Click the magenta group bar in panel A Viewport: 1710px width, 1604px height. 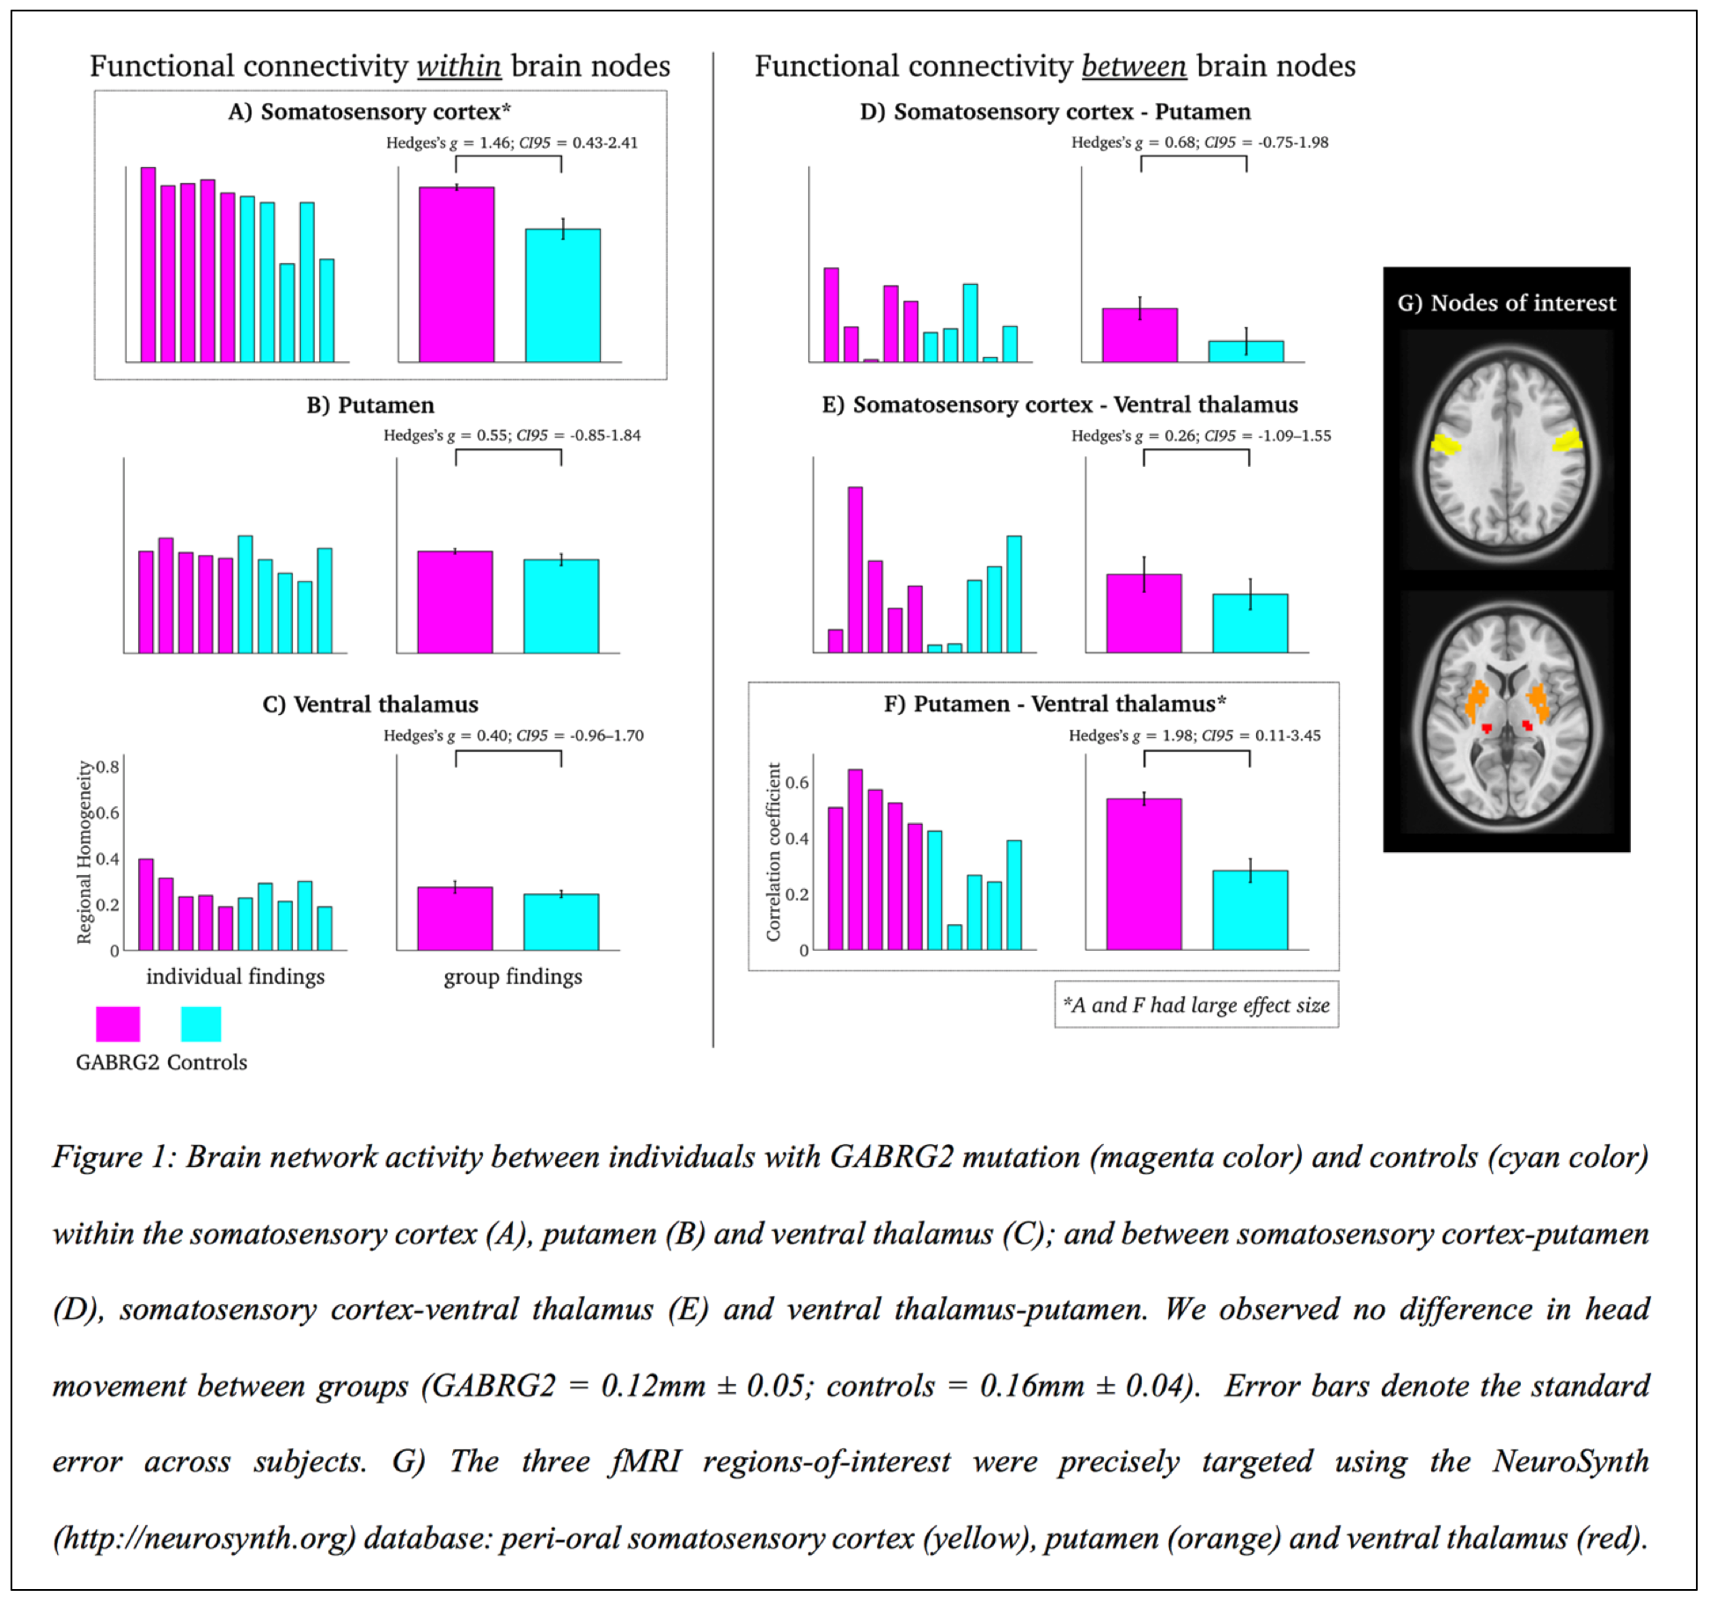click(x=456, y=274)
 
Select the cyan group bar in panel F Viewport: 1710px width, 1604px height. click(x=1249, y=910)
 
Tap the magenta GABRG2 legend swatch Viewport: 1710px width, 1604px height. click(x=117, y=1024)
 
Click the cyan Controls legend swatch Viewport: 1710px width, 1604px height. click(x=201, y=1024)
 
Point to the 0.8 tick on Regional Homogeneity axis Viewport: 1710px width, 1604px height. click(x=108, y=767)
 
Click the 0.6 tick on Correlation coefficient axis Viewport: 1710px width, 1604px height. click(x=797, y=783)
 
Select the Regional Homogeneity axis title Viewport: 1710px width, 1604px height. click(x=84, y=852)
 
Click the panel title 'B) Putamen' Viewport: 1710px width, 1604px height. click(x=370, y=405)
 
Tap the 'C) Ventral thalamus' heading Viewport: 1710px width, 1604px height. click(x=370, y=704)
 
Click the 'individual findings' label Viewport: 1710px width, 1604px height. click(x=235, y=976)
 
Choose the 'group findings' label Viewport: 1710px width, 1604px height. click(x=513, y=976)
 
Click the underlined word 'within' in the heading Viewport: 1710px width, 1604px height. click(x=458, y=66)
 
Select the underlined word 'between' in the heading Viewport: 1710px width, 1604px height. click(x=1134, y=66)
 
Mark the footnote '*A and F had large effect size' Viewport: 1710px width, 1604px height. click(x=1196, y=1005)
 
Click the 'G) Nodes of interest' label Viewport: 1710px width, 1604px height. click(x=1506, y=303)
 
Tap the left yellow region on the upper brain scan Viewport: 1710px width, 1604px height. click(x=1443, y=444)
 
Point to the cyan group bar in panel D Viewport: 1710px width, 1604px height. click(x=1246, y=352)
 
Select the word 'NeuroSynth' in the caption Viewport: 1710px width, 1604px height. click(x=1570, y=1462)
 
